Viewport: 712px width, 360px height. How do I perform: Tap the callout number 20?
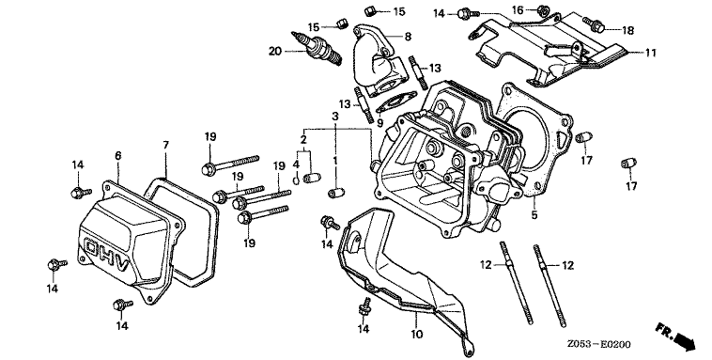pos(275,52)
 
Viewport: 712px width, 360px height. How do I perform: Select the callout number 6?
pos(118,156)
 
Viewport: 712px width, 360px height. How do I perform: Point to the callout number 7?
pos(165,146)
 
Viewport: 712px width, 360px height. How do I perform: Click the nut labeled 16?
pos(542,9)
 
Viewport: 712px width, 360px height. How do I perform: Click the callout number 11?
pos(651,54)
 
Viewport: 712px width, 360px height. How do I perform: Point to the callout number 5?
pos(534,214)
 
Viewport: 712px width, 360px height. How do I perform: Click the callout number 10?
pos(416,335)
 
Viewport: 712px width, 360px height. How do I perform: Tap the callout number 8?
pos(408,37)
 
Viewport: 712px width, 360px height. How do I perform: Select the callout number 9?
pos(380,123)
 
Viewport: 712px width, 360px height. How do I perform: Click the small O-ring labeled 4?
pos(296,180)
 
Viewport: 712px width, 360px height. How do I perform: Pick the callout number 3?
pos(335,117)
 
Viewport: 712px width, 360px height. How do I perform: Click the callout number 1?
pos(335,160)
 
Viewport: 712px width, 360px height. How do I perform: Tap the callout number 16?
pos(519,10)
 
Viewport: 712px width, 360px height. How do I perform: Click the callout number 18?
pos(627,30)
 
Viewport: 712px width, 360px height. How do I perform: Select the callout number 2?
pos(303,139)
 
